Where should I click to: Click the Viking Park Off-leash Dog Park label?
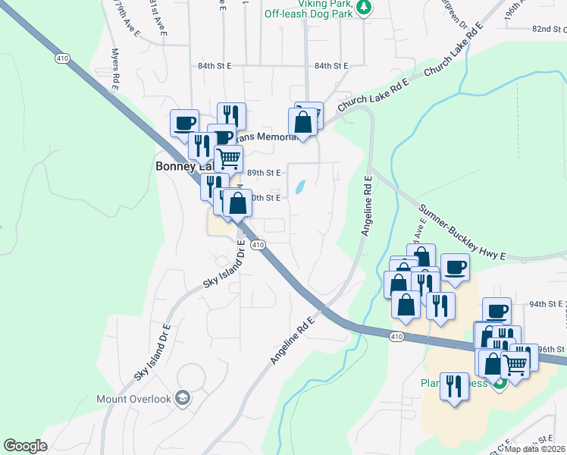pos(309,9)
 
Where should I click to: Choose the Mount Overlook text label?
pos(135,398)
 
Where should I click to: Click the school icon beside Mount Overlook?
pos(182,397)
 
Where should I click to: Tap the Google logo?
pos(26,445)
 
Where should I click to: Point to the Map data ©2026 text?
pos(535,449)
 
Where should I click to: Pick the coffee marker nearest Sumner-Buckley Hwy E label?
pos(455,267)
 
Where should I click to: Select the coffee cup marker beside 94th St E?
pos(497,311)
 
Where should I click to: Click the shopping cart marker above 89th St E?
pos(228,158)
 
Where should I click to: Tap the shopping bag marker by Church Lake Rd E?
pos(302,122)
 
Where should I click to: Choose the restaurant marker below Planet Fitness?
pos(454,388)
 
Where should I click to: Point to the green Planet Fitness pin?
pos(499,383)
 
